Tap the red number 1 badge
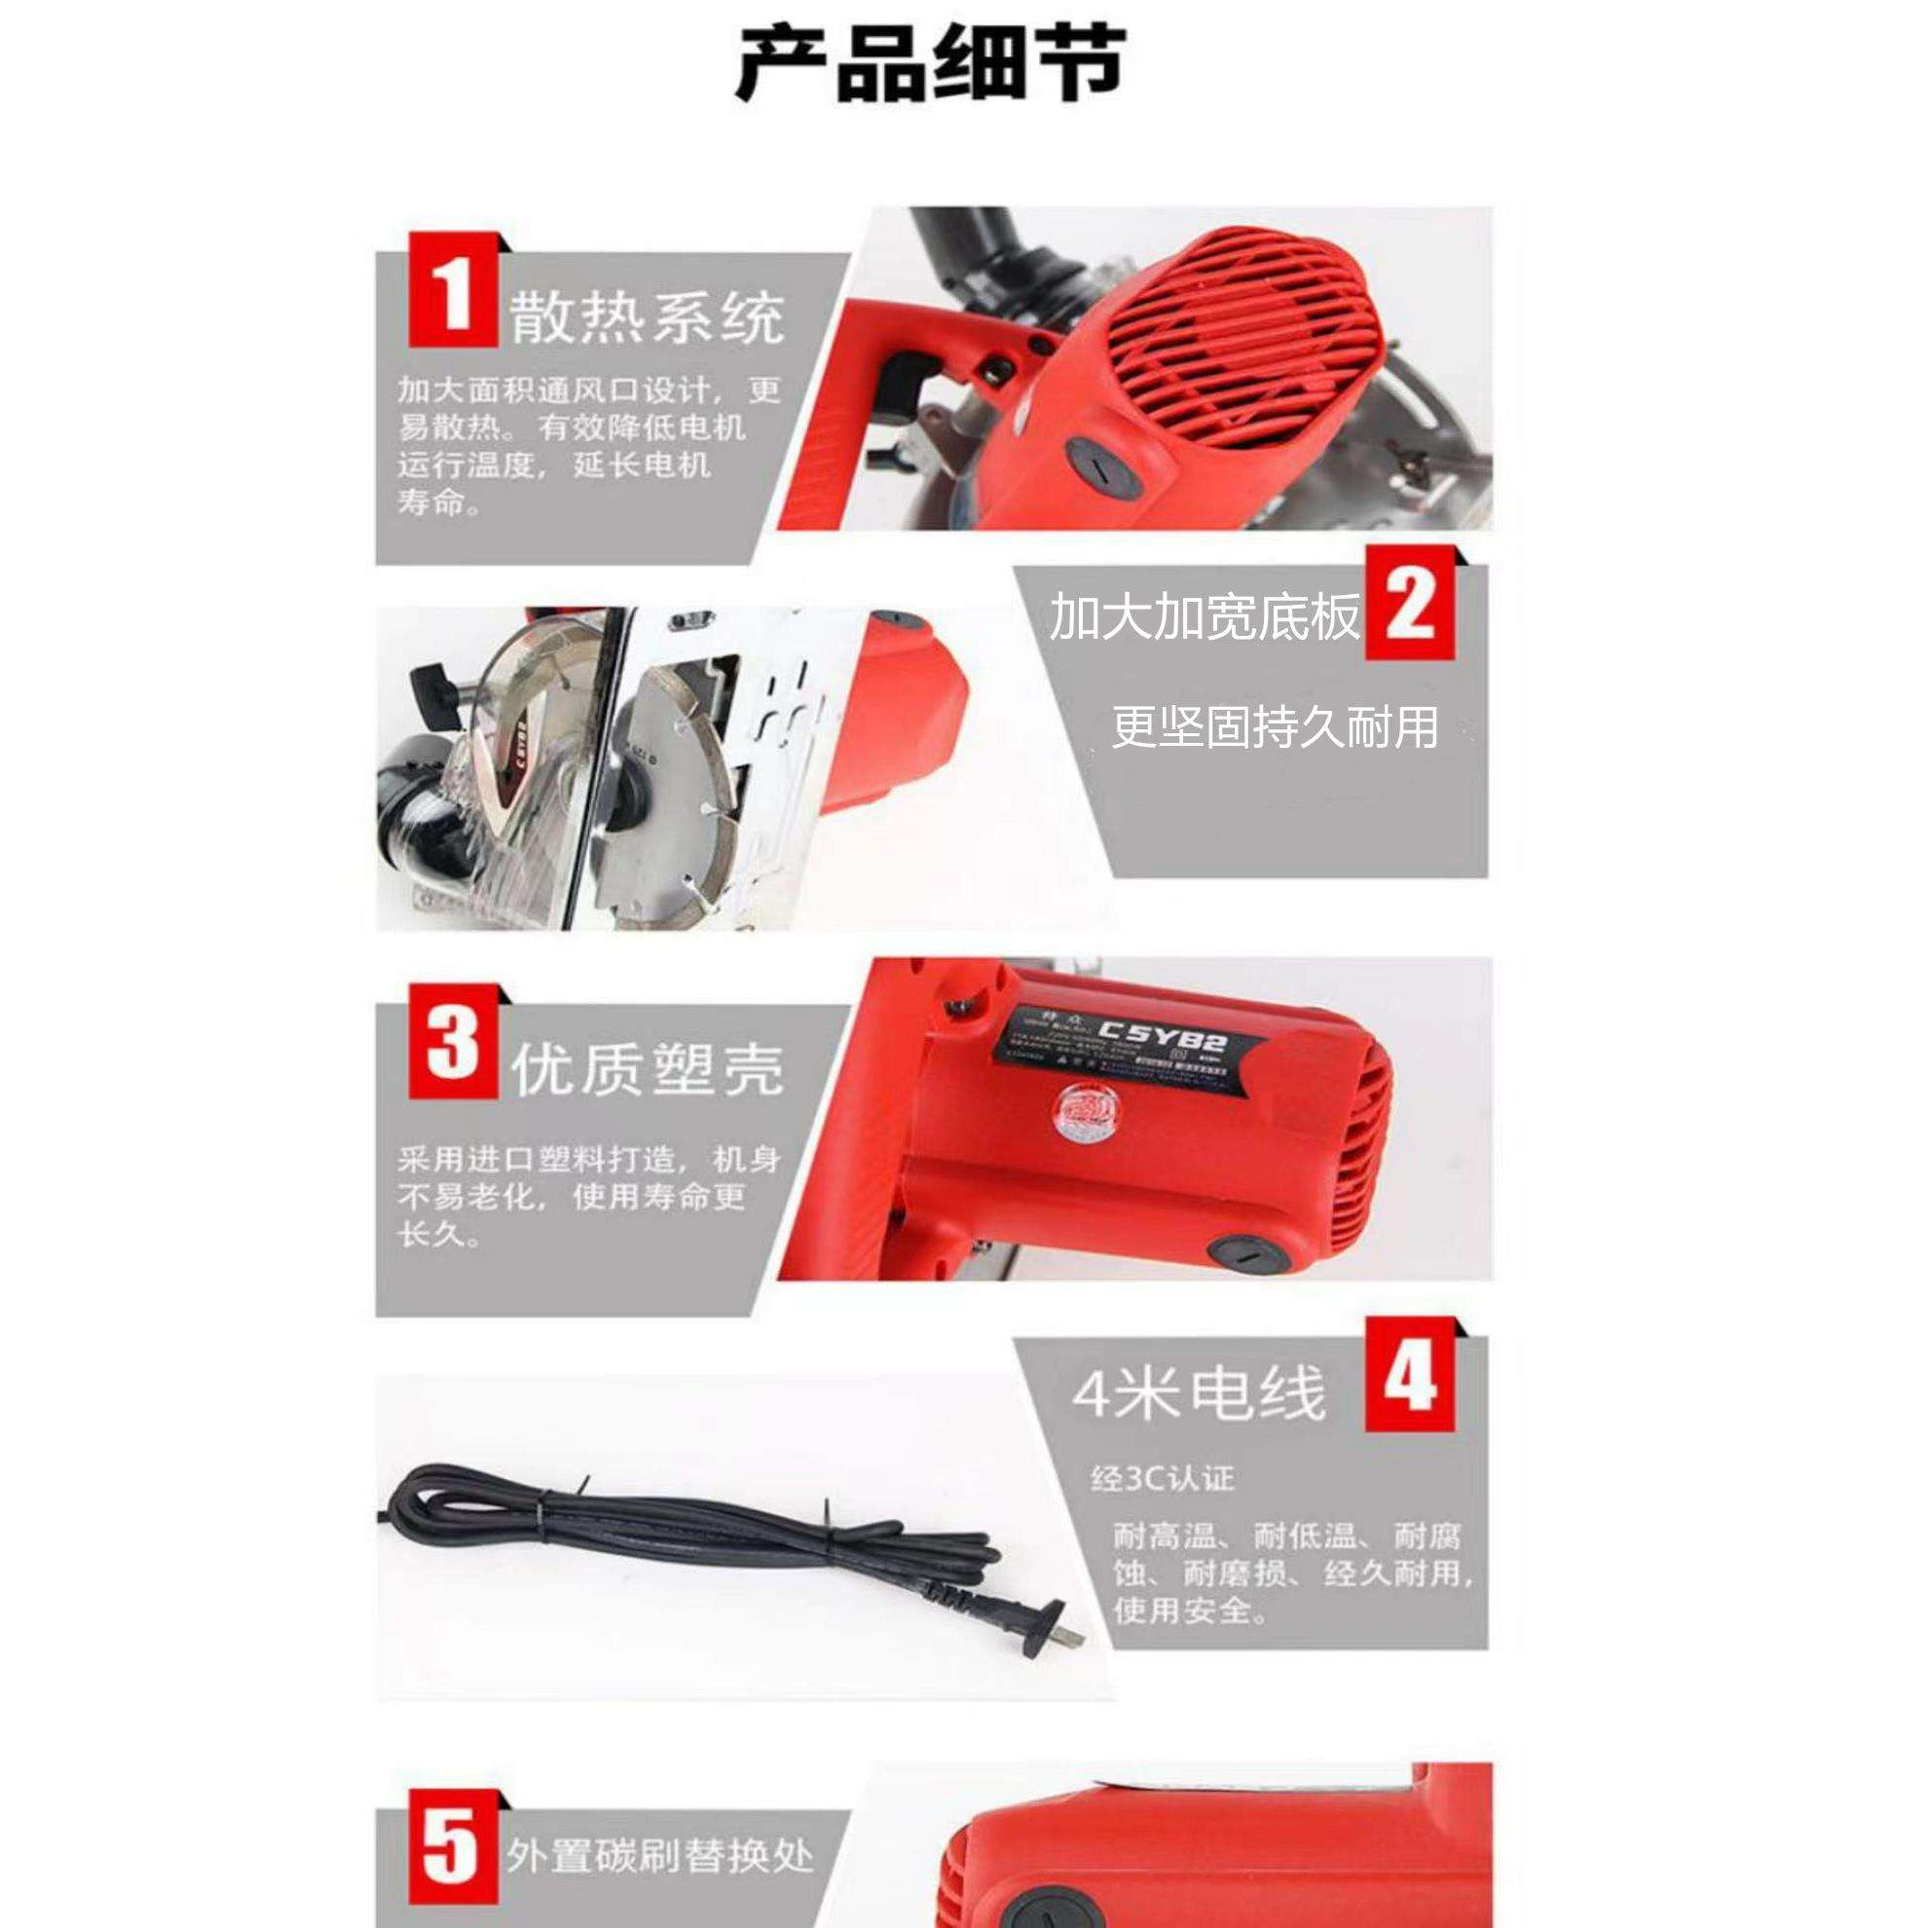point(453,290)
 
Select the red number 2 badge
point(1408,603)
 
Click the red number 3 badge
point(453,1042)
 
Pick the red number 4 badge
point(1408,1376)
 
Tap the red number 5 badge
point(453,1849)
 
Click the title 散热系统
point(647,319)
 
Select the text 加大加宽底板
point(1205,615)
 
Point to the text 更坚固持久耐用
point(1275,726)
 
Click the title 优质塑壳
point(647,1070)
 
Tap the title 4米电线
point(1199,1394)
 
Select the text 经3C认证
point(1162,1479)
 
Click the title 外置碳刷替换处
point(659,1856)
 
